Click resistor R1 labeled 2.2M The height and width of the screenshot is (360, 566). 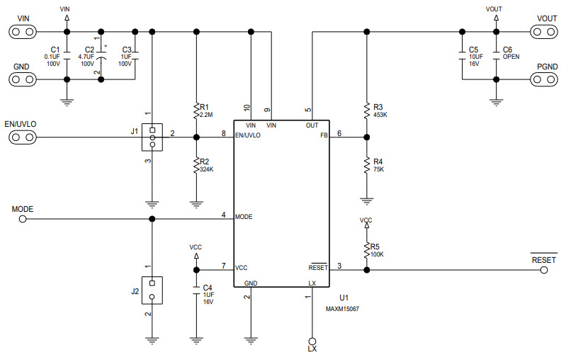[x=196, y=110]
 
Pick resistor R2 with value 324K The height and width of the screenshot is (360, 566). [x=196, y=166]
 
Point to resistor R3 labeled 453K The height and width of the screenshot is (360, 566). [x=366, y=110]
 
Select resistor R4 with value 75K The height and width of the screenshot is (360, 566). [x=366, y=165]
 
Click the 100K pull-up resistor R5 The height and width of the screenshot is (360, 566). [x=366, y=249]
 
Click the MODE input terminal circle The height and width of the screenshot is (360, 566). [x=23, y=220]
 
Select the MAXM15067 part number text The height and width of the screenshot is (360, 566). [x=341, y=309]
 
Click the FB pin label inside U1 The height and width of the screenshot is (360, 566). [x=324, y=134]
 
